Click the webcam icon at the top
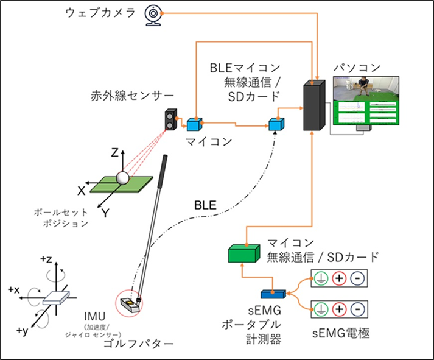(x=153, y=15)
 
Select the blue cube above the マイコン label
(x=194, y=123)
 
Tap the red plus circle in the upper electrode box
(x=339, y=279)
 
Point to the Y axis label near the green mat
(x=104, y=213)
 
